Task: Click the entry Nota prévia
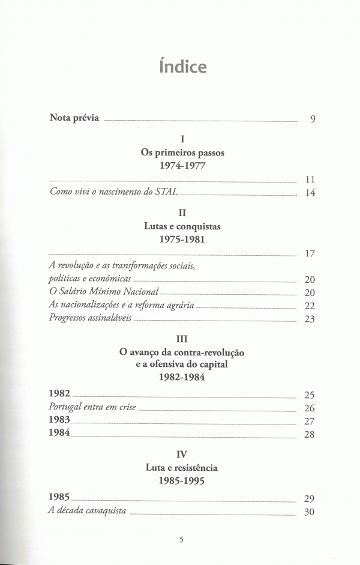(74, 117)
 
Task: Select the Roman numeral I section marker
(182, 140)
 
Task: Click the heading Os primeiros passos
(182, 153)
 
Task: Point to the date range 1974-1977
(182, 166)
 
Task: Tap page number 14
(310, 193)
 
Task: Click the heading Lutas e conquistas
(182, 226)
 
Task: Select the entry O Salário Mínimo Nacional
(103, 291)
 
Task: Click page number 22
(310, 306)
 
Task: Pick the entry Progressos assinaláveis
(89, 318)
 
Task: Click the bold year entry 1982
(59, 393)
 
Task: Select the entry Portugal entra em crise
(92, 407)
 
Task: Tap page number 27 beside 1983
(310, 421)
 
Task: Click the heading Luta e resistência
(182, 467)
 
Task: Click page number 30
(310, 513)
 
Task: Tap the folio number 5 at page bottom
(181, 539)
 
